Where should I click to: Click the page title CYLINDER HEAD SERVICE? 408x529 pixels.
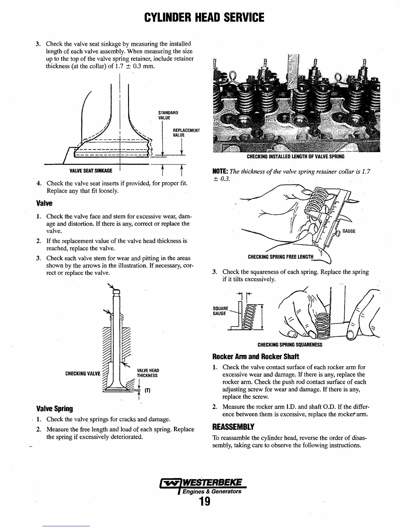[x=204, y=17]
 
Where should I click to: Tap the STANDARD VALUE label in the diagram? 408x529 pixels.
[x=168, y=115]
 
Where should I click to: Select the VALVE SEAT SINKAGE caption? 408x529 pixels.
[x=91, y=171]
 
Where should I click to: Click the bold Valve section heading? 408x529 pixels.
[x=44, y=203]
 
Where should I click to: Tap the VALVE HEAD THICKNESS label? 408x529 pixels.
[x=148, y=373]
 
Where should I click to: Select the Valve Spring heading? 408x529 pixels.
[x=54, y=409]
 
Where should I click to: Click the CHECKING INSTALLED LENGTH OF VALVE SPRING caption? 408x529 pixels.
[x=295, y=157]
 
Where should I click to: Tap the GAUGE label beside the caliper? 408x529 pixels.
[x=349, y=231]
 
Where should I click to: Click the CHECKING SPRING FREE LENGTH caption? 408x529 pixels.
[x=281, y=257]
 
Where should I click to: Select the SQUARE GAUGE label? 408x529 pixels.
[x=220, y=311]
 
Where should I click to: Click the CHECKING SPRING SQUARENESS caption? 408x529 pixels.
[x=290, y=345]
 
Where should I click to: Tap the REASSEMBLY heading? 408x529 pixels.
[x=233, y=427]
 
